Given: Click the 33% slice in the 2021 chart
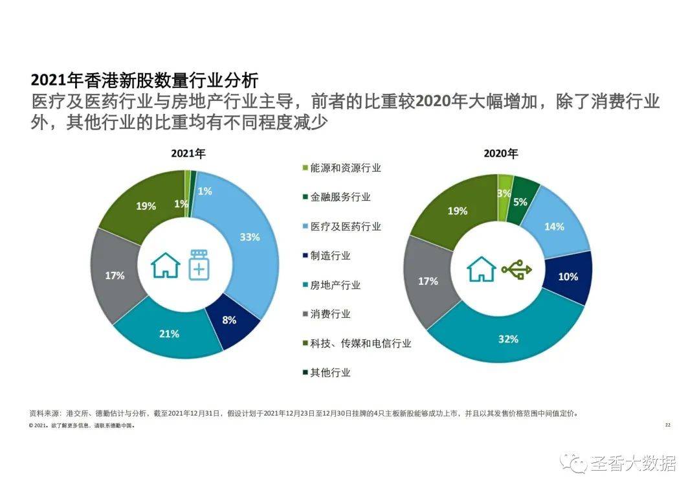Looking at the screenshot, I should click(250, 238).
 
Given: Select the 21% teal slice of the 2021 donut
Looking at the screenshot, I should click(170, 333).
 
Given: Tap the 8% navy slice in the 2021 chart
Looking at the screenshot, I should click(230, 319).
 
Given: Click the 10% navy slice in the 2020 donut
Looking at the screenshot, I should click(568, 277).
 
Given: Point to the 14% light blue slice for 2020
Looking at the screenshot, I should click(554, 227).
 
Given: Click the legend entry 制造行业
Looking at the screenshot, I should click(330, 255).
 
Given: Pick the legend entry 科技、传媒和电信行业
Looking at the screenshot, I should click(360, 343).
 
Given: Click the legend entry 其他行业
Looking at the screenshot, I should click(330, 372).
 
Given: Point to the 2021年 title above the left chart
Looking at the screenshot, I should click(188, 154).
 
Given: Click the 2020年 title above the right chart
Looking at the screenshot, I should click(501, 154).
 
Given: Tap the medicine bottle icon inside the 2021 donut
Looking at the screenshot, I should click(198, 264).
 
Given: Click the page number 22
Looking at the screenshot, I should click(668, 425).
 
